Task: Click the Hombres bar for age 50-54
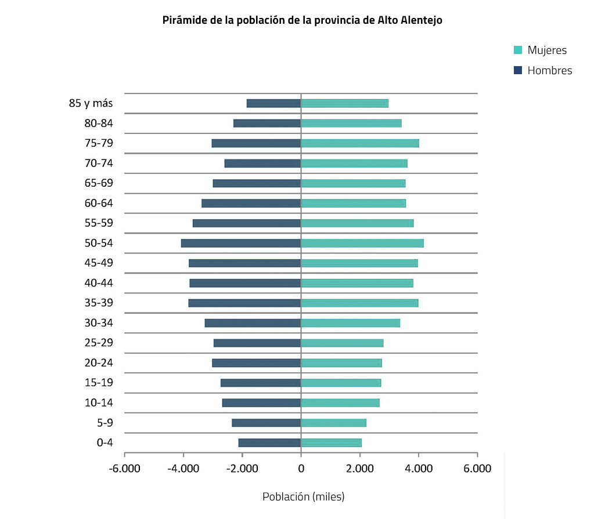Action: tap(241, 243)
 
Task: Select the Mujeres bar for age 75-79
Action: tap(360, 143)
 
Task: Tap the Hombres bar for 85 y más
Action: tap(273, 103)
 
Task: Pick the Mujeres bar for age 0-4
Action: tap(331, 443)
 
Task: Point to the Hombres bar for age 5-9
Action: tap(266, 423)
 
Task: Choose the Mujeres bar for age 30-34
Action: tap(350, 323)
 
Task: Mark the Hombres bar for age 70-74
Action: tap(262, 164)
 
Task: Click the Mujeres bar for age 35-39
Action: tap(359, 303)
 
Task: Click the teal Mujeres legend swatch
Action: tap(518, 50)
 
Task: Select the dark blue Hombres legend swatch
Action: tap(518, 70)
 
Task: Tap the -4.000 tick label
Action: tap(183, 469)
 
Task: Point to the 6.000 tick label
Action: tap(477, 469)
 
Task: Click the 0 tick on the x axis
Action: tap(301, 469)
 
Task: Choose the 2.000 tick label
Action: tap(360, 469)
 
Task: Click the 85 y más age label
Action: tap(91, 103)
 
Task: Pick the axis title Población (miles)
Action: tap(303, 497)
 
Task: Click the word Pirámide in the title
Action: tap(182, 20)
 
